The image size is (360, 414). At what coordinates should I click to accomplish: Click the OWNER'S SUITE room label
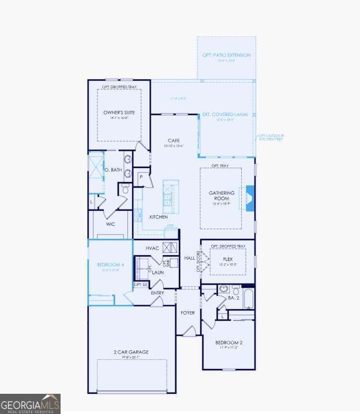click(119, 112)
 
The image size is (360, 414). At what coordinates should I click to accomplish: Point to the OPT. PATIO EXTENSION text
click(226, 55)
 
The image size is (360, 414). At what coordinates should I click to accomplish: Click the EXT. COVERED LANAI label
click(226, 114)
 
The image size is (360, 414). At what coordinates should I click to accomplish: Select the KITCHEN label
click(159, 217)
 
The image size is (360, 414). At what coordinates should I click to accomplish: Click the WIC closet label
click(111, 224)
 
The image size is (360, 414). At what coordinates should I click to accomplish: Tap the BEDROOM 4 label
click(110, 265)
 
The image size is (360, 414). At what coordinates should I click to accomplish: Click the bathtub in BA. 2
click(247, 299)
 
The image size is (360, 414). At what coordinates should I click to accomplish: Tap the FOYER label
click(187, 312)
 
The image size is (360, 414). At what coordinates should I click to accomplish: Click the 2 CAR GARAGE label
click(132, 352)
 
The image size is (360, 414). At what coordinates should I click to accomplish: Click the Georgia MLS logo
click(30, 403)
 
